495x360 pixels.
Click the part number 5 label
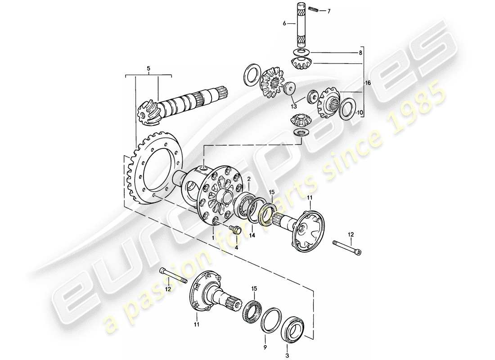(148, 69)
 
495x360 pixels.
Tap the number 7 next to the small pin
(328, 11)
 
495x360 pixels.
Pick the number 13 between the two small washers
(294, 106)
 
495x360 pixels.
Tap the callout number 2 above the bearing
(248, 179)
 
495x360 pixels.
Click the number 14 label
(252, 235)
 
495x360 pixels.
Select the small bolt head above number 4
(235, 229)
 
